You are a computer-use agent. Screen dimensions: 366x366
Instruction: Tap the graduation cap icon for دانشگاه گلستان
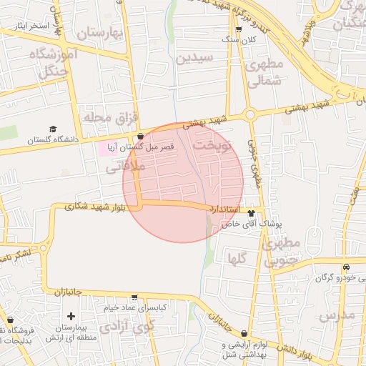point(53,129)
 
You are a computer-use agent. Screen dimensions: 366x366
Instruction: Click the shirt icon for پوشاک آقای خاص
point(251,212)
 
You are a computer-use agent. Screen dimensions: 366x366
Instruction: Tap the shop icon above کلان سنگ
point(239,29)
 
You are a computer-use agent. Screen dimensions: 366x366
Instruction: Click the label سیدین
point(194,57)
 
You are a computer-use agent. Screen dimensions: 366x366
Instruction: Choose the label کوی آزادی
point(127,327)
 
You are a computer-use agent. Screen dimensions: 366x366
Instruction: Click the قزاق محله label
point(109,117)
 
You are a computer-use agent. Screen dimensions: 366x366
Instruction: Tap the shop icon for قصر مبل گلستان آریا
point(140,136)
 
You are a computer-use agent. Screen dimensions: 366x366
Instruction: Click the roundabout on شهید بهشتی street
point(250,114)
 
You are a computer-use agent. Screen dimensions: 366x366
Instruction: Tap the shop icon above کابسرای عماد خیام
point(134,297)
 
